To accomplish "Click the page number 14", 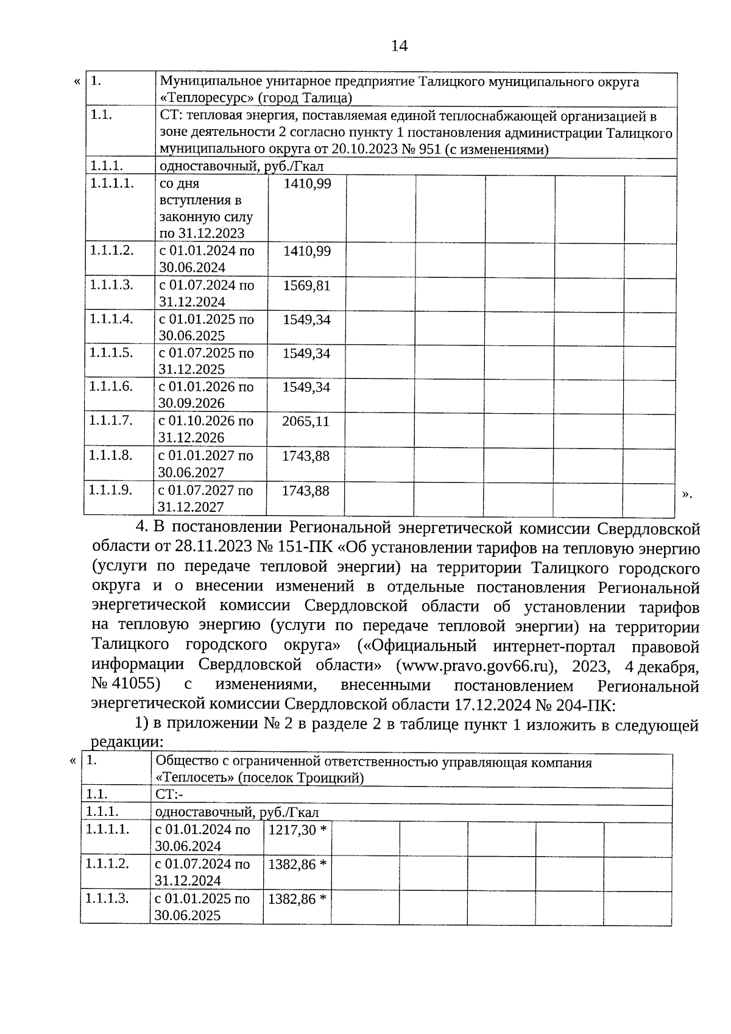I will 399,46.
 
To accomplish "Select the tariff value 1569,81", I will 306,286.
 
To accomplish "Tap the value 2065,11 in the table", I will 306,421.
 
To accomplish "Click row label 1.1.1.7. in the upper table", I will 111,420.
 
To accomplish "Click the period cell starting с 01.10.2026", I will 206,429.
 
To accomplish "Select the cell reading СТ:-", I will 169,794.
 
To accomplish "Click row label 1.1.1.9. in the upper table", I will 111,490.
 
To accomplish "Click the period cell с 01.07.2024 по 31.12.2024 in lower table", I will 202,873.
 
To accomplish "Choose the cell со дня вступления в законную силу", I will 206,208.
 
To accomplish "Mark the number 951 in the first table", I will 430,150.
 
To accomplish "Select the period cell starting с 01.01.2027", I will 206,464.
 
